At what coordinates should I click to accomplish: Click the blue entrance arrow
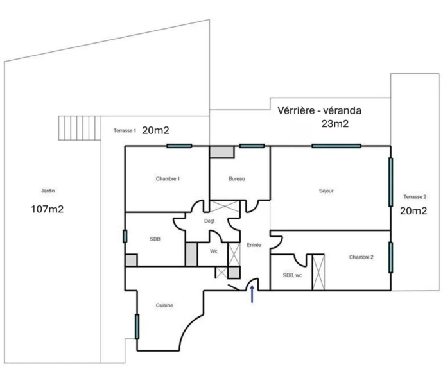tap(252, 294)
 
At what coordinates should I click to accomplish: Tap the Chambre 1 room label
tap(168, 179)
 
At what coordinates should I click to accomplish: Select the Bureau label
tap(237, 179)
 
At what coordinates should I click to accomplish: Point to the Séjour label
tap(326, 191)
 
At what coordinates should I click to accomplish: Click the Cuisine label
tap(164, 305)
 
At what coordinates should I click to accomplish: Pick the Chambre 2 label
tap(361, 257)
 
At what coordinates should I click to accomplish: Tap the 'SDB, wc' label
tap(292, 275)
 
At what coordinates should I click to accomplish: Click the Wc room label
tap(214, 251)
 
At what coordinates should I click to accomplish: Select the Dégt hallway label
tap(209, 221)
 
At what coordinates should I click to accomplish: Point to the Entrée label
tap(254, 245)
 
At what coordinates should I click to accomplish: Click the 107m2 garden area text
tap(47, 209)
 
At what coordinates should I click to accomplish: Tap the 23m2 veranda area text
tap(334, 124)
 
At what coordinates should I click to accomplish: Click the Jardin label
tap(48, 191)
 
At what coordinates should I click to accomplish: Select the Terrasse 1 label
tap(125, 130)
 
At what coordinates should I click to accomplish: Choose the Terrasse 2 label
tap(415, 197)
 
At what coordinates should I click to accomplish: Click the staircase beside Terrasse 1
tap(80, 128)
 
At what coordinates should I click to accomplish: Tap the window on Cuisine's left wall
tap(137, 327)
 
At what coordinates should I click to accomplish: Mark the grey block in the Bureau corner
tap(221, 152)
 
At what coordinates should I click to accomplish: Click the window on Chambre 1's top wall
tap(179, 146)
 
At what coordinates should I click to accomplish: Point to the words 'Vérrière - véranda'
tap(319, 110)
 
